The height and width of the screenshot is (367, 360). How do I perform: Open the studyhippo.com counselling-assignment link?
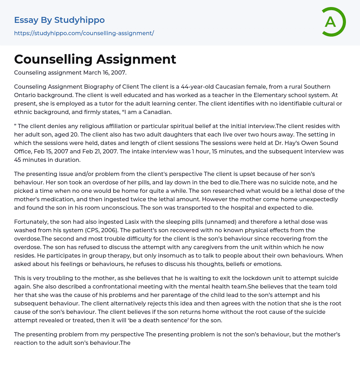(x=84, y=33)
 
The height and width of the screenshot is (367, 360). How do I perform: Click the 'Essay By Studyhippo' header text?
(x=59, y=20)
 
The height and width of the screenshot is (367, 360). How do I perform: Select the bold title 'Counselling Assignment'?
(x=95, y=59)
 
